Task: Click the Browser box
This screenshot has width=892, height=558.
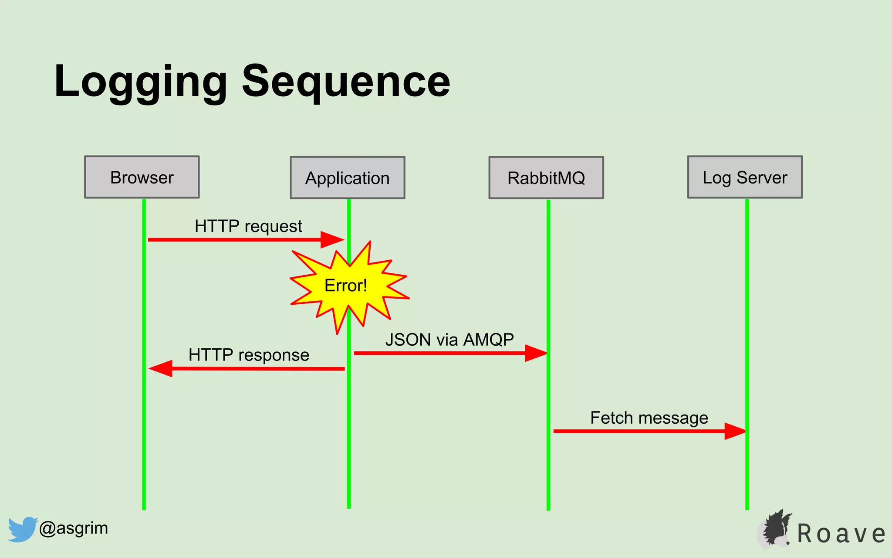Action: pyautogui.click(x=142, y=177)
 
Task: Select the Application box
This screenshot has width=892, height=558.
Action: pyautogui.click(x=348, y=178)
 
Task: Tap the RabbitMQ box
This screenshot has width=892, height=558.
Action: pyautogui.click(x=546, y=178)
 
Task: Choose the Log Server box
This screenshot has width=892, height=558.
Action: pyautogui.click(x=745, y=177)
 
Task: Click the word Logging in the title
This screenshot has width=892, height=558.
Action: pyautogui.click(x=140, y=82)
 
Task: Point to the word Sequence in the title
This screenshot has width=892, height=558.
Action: pyautogui.click(x=346, y=82)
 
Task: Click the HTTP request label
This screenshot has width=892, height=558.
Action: pyautogui.click(x=248, y=226)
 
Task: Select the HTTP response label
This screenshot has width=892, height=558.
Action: pyautogui.click(x=249, y=355)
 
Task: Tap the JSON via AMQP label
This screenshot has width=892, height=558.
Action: pyautogui.click(x=449, y=340)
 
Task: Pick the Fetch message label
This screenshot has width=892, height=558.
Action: pyautogui.click(x=649, y=418)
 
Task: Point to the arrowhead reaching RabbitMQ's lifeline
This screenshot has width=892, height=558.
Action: pyautogui.click(x=536, y=353)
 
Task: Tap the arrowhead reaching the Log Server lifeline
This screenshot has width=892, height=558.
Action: pyautogui.click(x=735, y=431)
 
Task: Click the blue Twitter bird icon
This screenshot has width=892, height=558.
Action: pyautogui.click(x=22, y=529)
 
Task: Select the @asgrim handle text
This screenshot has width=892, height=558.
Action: pyautogui.click(x=74, y=528)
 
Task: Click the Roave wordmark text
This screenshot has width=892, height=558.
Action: pyautogui.click(x=841, y=534)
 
